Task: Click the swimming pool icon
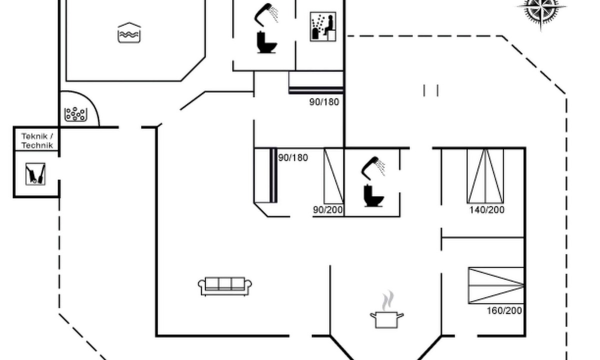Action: coord(129,32)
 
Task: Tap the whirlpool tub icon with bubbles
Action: coord(76,114)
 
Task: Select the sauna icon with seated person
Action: coord(323,26)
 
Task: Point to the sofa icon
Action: coord(224,286)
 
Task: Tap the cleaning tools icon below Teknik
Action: coord(35,174)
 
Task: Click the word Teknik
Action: coord(35,136)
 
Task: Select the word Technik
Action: coord(37,145)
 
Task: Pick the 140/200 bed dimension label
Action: coord(487,209)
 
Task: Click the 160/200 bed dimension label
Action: coord(504,310)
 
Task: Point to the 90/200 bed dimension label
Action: coord(328,209)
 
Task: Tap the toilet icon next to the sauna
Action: coord(266,42)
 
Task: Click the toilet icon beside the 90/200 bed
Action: coord(373,196)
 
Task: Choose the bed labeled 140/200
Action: coord(485,176)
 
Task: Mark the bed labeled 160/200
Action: coord(496,285)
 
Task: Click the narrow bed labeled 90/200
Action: coord(334,176)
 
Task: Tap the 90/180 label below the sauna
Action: coord(324,102)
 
